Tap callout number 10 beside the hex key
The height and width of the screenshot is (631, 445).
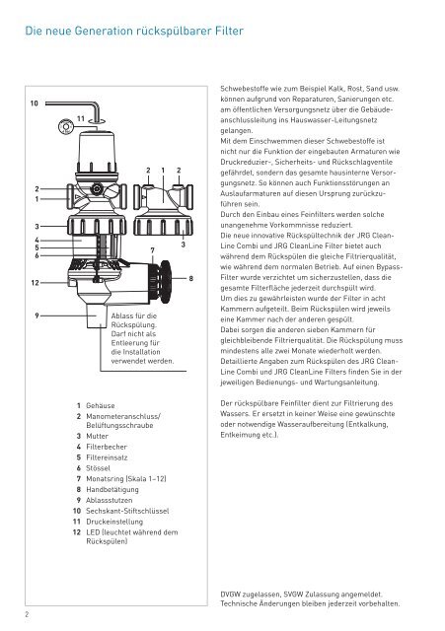pyautogui.click(x=35, y=104)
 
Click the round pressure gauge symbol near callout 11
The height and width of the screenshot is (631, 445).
pyautogui.click(x=66, y=127)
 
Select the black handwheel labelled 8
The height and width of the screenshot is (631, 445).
pyautogui.click(x=165, y=282)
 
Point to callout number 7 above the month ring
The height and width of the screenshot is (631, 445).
pyautogui.click(x=153, y=250)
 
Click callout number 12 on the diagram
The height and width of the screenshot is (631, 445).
pyautogui.click(x=36, y=283)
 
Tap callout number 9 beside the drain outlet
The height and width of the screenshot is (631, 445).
pyautogui.click(x=37, y=315)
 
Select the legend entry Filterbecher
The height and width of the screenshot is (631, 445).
pyautogui.click(x=107, y=447)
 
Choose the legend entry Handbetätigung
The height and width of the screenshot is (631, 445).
pyautogui.click(x=111, y=490)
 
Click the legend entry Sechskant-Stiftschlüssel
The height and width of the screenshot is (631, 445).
pyautogui.click(x=127, y=511)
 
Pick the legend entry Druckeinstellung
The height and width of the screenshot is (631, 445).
pyautogui.click(x=114, y=522)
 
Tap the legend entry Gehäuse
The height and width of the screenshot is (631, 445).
pyautogui.click(x=101, y=405)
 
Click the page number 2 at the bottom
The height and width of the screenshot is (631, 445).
pyautogui.click(x=27, y=614)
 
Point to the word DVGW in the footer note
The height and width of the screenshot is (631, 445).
pyautogui.click(x=230, y=594)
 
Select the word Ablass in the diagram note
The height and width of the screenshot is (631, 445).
pyautogui.click(x=121, y=315)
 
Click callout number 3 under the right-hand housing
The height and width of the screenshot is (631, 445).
pyautogui.click(x=184, y=245)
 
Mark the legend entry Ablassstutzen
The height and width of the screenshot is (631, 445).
pyautogui.click(x=110, y=501)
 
